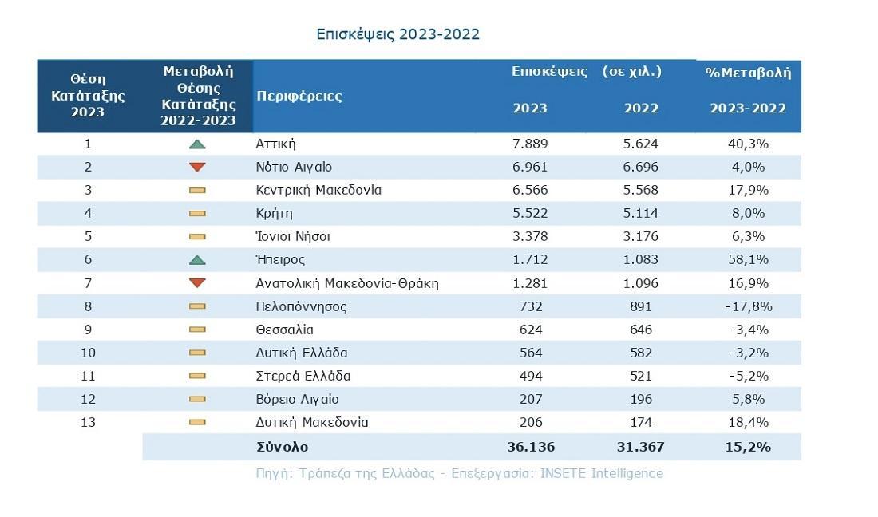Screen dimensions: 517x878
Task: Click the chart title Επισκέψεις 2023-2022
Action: pyautogui.click(x=397, y=34)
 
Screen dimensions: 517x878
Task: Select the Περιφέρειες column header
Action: pyautogui.click(x=299, y=97)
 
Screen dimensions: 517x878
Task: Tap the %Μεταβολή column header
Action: pyautogui.click(x=748, y=73)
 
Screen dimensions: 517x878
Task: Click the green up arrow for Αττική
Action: pyautogui.click(x=198, y=144)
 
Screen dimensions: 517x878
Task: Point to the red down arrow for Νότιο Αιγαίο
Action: pyautogui.click(x=198, y=168)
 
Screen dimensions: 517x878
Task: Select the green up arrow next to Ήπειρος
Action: pyautogui.click(x=198, y=260)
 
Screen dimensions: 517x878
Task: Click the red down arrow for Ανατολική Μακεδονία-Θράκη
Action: pyautogui.click(x=198, y=283)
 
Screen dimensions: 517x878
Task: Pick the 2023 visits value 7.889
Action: pyautogui.click(x=530, y=144)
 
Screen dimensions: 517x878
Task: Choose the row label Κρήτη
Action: pyautogui.click(x=274, y=214)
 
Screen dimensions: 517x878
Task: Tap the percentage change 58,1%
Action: pyautogui.click(x=748, y=260)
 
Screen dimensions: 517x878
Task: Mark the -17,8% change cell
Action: pyautogui.click(x=748, y=306)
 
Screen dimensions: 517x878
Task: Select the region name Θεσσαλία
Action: pyautogui.click(x=284, y=330)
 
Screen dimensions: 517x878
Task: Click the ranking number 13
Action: pyautogui.click(x=88, y=422)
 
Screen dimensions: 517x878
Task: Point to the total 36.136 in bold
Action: pyautogui.click(x=530, y=447)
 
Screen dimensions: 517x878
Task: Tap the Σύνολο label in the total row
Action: pyautogui.click(x=282, y=447)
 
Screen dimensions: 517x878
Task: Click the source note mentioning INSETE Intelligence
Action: pyautogui.click(x=459, y=473)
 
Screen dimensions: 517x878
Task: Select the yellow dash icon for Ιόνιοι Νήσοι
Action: pyautogui.click(x=198, y=237)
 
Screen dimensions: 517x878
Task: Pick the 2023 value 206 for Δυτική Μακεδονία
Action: pyautogui.click(x=530, y=422)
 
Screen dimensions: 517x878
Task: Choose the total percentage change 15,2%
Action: pyautogui.click(x=748, y=447)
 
